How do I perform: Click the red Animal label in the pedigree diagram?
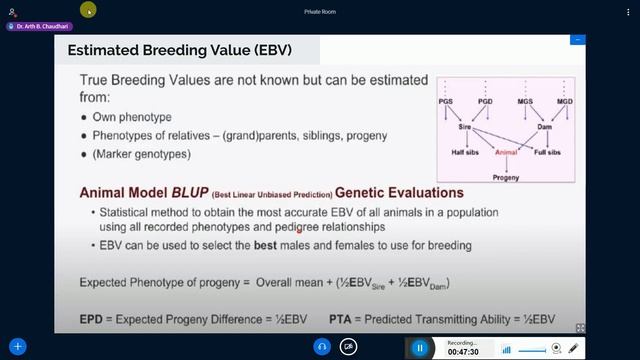(x=507, y=152)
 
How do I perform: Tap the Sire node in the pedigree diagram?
(x=464, y=128)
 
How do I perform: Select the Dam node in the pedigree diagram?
(x=546, y=128)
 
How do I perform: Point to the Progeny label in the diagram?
(x=506, y=176)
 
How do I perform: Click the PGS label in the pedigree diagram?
(x=447, y=101)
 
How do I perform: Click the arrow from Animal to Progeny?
(x=506, y=164)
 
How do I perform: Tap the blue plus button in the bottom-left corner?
(x=17, y=347)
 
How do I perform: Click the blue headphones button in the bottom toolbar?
(x=322, y=347)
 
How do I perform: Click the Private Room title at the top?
(x=319, y=12)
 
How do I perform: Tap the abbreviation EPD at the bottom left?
(x=93, y=320)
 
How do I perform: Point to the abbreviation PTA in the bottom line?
(x=342, y=320)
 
